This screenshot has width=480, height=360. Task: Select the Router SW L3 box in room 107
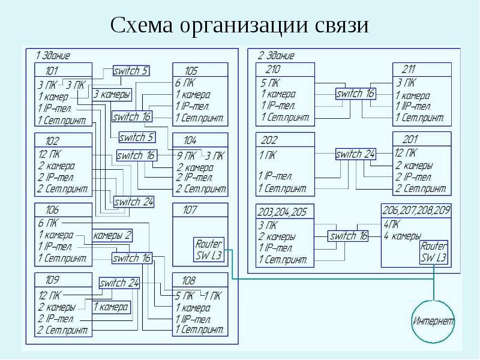pyautogui.click(x=209, y=250)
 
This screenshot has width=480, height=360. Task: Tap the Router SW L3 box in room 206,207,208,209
pyautogui.click(x=434, y=252)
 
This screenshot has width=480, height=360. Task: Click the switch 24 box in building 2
pyautogui.click(x=355, y=154)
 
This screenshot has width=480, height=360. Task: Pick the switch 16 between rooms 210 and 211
pyautogui.click(x=355, y=94)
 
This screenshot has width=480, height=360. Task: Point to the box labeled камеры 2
pyautogui.click(x=112, y=235)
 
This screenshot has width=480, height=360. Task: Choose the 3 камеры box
pyautogui.click(x=112, y=94)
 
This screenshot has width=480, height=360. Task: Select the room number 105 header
pyautogui.click(x=191, y=71)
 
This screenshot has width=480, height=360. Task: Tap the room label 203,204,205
pyautogui.click(x=281, y=212)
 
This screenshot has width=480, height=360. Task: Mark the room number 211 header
pyautogui.click(x=409, y=69)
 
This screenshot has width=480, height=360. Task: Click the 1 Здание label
pyautogui.click(x=53, y=56)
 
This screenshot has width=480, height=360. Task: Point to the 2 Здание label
pyautogui.click(x=276, y=56)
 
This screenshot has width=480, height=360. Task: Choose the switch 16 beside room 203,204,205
pyautogui.click(x=349, y=236)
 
